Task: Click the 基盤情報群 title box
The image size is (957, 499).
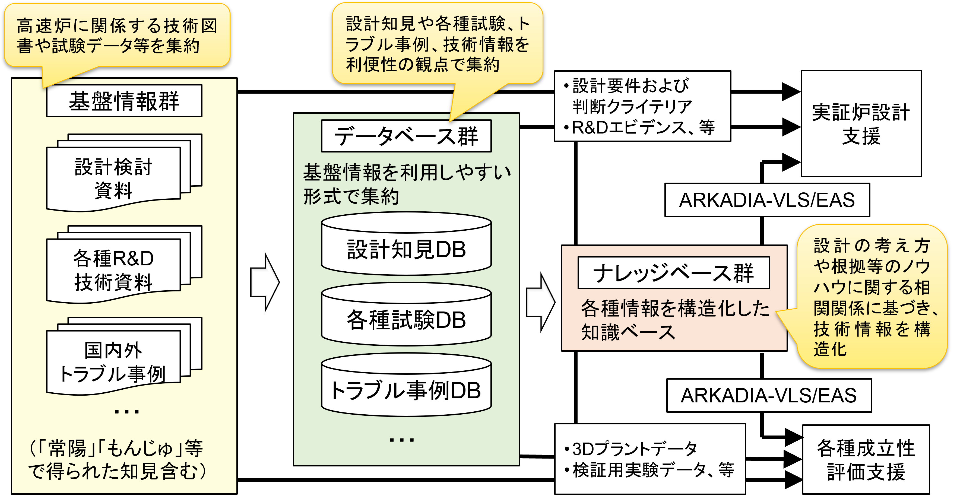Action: (x=124, y=101)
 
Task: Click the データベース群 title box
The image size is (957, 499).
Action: (x=406, y=136)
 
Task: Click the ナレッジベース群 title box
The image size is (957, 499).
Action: (x=673, y=273)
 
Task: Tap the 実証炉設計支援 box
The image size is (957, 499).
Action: (x=861, y=124)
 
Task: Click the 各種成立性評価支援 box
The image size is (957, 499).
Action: (x=866, y=459)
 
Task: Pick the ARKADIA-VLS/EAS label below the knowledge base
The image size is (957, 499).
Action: (x=769, y=395)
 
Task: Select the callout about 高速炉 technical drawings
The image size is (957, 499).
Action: (x=117, y=36)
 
